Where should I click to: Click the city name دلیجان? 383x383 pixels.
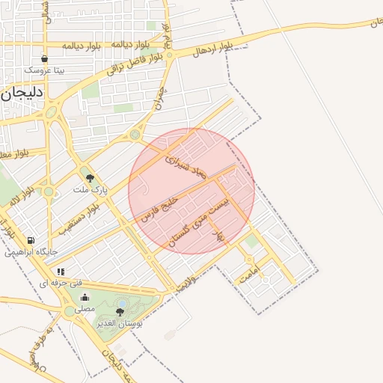coord(23,95)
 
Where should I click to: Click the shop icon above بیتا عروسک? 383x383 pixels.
coord(45,58)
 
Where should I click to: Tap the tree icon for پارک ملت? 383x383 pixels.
coord(91,178)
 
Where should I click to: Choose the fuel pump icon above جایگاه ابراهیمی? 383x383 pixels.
coord(30,240)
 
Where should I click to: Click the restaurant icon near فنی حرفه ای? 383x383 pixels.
coord(60,272)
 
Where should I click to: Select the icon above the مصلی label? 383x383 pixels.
coord(85,297)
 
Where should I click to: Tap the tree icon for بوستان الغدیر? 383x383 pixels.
coord(120,311)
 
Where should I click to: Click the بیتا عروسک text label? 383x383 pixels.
coord(45,70)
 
